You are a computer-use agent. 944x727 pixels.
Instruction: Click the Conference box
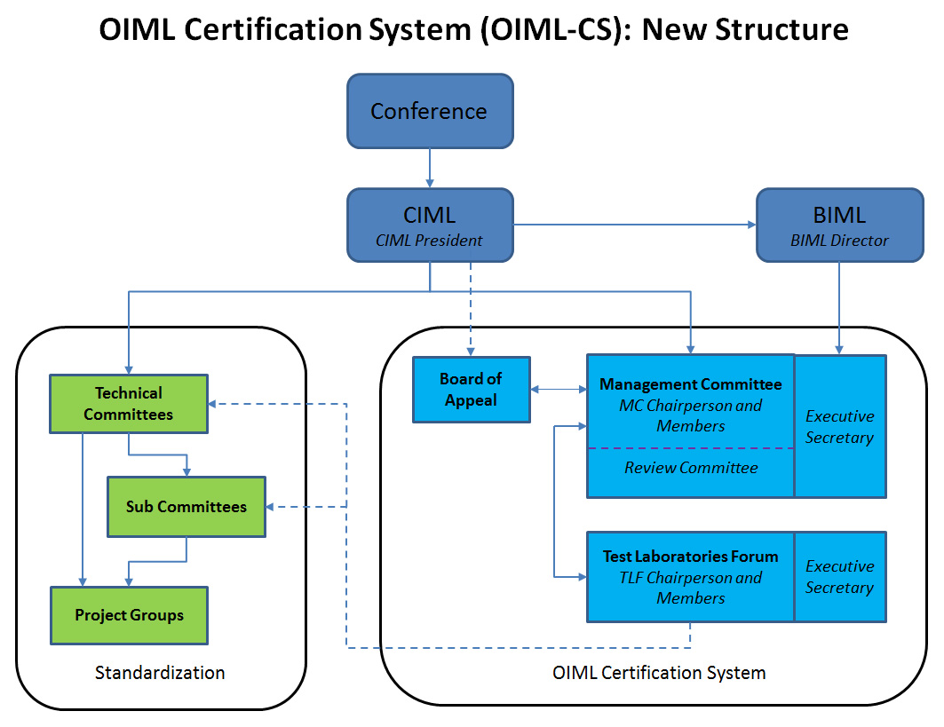point(430,111)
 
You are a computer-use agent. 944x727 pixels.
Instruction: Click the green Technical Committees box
point(129,404)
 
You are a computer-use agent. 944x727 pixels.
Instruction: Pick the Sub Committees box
point(186,507)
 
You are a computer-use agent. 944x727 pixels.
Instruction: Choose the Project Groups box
point(129,615)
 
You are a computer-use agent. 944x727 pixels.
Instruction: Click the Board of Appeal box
point(471,390)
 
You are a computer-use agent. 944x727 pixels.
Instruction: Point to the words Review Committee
point(691,468)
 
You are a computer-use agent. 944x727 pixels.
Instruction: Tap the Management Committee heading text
point(691,384)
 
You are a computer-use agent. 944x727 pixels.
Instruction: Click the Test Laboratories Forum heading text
point(691,557)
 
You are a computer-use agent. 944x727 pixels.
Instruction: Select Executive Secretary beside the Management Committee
point(839,426)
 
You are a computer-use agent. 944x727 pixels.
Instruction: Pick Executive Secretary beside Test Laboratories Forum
point(839,577)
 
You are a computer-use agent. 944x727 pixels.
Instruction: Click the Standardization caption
point(160,672)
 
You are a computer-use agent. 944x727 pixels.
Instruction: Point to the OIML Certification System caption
point(659,672)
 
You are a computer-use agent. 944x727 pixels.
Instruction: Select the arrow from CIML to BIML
point(634,225)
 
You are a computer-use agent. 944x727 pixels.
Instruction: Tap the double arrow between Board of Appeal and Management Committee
point(558,389)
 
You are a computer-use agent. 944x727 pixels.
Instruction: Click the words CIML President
point(430,240)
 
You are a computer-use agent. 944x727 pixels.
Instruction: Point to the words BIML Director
point(840,240)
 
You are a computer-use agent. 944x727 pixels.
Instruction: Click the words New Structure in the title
point(745,30)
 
